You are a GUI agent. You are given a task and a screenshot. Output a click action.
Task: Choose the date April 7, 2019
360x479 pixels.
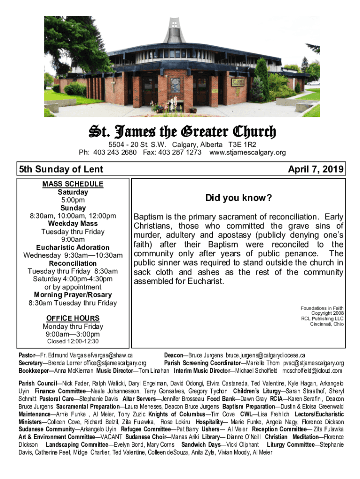click(316, 169)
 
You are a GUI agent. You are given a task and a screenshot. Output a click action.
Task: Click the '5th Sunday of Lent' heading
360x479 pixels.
click(61, 169)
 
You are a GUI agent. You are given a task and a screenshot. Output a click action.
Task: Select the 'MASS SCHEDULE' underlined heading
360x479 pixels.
click(73, 184)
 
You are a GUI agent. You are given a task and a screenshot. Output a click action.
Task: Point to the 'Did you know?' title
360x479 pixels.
click(238, 198)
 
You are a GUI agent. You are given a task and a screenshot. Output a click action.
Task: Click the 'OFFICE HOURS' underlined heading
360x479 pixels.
click(73, 319)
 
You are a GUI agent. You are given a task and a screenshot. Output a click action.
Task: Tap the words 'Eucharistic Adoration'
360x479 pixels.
click(73, 247)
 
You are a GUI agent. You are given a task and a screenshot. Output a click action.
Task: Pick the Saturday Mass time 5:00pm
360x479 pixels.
click(73, 200)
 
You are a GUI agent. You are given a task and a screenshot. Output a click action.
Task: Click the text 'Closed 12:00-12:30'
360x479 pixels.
click(73, 342)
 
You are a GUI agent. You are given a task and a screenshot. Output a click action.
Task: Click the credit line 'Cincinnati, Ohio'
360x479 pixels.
click(327, 324)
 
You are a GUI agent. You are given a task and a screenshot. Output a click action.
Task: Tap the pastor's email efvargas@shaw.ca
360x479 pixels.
click(107, 356)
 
